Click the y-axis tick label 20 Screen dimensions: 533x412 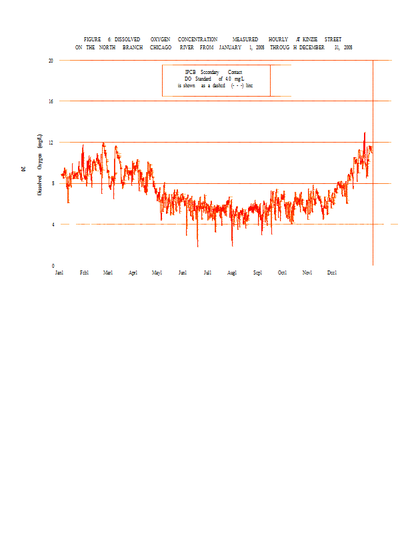pos(51,60)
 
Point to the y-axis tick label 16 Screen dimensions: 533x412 pos(51,101)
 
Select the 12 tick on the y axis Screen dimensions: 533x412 pos(51,143)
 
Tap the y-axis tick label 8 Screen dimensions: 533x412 pos(52,184)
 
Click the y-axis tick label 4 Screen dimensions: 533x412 pos(52,225)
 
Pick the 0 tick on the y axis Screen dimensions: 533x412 pos(52,266)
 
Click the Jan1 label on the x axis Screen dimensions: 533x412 pos(59,272)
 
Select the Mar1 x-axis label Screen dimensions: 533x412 pos(108,272)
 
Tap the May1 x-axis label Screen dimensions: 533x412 pos(157,272)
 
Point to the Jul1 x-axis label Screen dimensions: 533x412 pos(207,272)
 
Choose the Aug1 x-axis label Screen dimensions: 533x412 pos(232,272)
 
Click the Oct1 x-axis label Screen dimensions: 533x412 pos(283,272)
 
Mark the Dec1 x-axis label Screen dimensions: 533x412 pos(332,272)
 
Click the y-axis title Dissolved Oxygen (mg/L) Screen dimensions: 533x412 pos(40,163)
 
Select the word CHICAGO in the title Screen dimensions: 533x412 pos(161,48)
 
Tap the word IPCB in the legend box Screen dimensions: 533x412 pos(191,72)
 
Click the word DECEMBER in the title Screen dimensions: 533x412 pos(312,48)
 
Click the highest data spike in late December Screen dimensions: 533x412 pos(364,133)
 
